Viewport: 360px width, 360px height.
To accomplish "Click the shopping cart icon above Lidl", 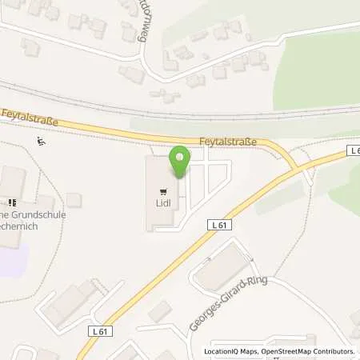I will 165,191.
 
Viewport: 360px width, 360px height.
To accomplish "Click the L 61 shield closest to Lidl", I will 221,226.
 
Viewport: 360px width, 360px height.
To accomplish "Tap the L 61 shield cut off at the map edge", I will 354,150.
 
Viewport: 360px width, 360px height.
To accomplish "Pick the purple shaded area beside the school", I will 14,258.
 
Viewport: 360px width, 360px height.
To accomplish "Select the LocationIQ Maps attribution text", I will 230,351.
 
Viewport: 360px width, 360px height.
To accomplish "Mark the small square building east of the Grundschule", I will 74,199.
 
